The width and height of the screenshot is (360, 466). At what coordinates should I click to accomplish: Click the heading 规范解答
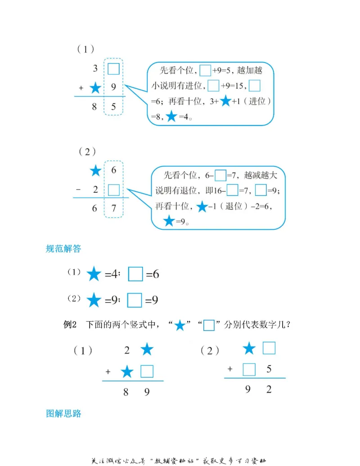[x=63, y=248]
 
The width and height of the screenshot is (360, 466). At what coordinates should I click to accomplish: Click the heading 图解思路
[x=63, y=413]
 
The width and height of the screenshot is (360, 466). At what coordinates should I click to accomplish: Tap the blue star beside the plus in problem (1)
[x=95, y=88]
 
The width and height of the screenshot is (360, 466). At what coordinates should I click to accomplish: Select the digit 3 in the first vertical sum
[x=95, y=68]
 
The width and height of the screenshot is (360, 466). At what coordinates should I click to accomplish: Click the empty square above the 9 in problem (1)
[x=113, y=68]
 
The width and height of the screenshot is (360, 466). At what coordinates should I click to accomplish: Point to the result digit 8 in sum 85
[x=94, y=107]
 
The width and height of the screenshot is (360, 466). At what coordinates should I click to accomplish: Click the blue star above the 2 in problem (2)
[x=95, y=171]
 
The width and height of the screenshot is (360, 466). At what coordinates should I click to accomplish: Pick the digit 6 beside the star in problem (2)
[x=114, y=170]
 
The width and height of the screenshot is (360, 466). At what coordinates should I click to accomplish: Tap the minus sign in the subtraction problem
[x=78, y=190]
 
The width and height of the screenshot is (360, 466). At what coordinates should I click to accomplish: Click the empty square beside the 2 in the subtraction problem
[x=114, y=190]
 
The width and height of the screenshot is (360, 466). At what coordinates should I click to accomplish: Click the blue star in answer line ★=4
[x=94, y=274]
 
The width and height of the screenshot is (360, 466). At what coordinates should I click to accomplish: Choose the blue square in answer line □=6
[x=135, y=274]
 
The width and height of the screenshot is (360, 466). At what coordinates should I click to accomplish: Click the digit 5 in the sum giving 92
[x=269, y=370]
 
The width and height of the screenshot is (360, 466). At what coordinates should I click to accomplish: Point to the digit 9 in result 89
[x=147, y=392]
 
